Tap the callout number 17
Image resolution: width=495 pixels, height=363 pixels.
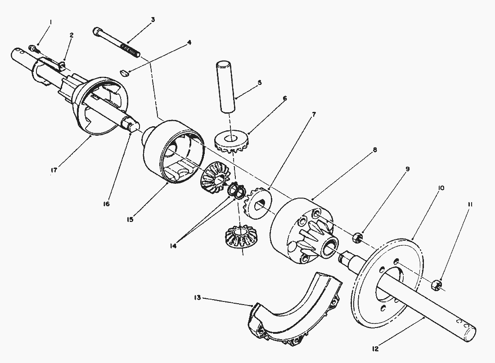tap(54, 170)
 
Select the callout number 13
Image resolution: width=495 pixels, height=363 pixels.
tap(198, 298)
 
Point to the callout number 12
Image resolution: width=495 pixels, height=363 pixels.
tap(375, 349)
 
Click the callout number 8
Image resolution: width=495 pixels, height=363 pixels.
tap(375, 150)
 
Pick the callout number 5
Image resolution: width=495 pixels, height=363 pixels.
tap(260, 83)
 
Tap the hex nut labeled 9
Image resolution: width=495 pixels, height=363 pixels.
tap(357, 237)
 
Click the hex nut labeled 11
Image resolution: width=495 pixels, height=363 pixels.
tap(436, 285)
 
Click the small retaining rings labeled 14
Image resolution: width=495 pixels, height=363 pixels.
tap(237, 190)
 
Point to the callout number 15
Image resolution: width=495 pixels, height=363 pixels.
tap(130, 220)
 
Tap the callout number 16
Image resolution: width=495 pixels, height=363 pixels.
tap(106, 204)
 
